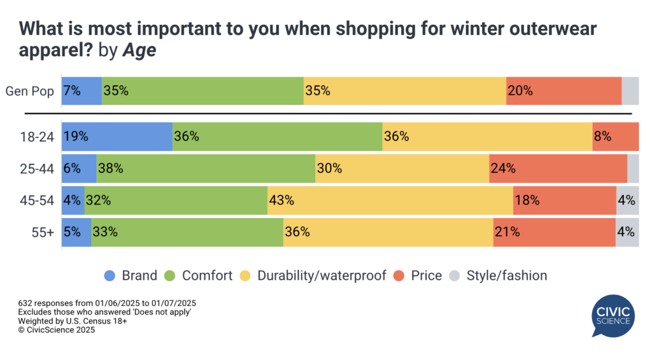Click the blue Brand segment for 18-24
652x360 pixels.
[117, 136]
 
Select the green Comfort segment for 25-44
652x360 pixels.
[206, 169]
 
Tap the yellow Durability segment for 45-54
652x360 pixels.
[390, 200]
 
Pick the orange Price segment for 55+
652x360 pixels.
[554, 232]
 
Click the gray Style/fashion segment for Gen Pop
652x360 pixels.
[630, 90]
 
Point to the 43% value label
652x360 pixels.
[281, 200]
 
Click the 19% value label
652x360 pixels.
[75, 136]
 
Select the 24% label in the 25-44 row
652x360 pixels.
[502, 169]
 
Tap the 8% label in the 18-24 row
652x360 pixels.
[602, 136]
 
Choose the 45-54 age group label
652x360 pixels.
[39, 200]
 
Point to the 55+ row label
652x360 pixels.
[44, 232]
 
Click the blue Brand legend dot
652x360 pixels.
[110, 276]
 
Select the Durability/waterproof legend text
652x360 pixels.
[322, 276]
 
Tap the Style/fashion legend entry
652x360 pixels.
[506, 276]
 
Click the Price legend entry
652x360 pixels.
[426, 276]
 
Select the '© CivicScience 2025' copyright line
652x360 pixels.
[57, 330]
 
